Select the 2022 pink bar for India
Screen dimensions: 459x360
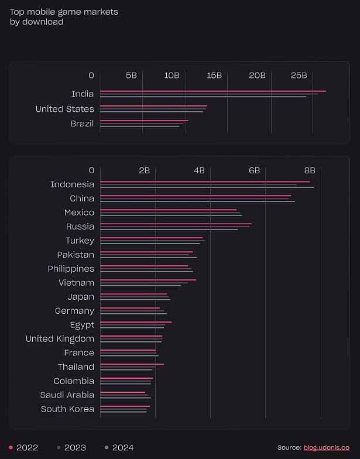coord(213,91)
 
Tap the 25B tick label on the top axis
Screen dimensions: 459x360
coord(299,76)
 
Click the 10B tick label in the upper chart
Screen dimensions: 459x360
coord(172,76)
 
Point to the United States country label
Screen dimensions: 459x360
coord(64,109)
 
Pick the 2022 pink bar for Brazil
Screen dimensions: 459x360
coord(144,121)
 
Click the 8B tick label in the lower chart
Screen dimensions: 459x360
coord(310,170)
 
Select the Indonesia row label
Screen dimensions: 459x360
coord(72,184)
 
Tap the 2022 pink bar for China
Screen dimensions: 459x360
coord(196,196)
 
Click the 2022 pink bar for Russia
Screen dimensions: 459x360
coord(176,224)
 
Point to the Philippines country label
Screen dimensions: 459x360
coord(71,269)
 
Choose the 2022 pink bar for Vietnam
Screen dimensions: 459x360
coord(148,280)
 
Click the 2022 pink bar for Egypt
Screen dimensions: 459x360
coord(136,322)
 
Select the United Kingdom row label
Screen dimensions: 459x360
coord(60,339)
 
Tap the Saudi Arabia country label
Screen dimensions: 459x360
coord(67,395)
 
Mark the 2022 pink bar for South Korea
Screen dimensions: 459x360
coord(125,406)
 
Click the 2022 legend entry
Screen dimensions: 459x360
coord(24,447)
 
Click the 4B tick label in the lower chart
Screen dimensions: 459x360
coord(199,170)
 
